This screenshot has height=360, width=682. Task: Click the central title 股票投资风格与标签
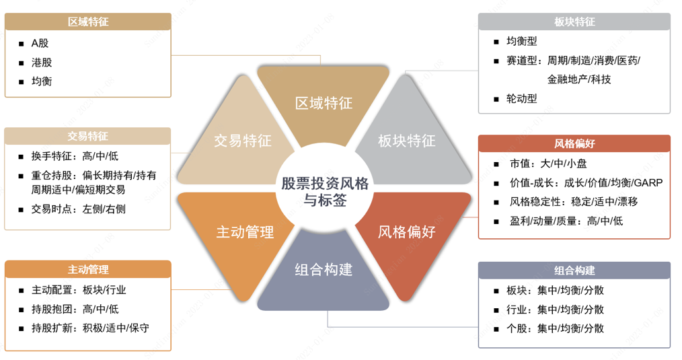(325, 191)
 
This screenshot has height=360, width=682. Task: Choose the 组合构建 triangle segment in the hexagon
(324, 271)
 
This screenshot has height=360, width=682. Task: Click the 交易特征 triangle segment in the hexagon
(242, 141)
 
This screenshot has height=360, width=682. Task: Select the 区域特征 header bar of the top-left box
(88, 22)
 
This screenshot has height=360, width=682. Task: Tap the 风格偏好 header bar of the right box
(574, 143)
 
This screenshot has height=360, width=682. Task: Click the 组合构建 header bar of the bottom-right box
(574, 271)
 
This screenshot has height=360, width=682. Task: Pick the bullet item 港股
(41, 63)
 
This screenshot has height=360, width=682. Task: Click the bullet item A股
(40, 43)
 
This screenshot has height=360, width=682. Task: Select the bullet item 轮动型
(521, 98)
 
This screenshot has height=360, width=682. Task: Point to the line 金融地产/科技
(579, 79)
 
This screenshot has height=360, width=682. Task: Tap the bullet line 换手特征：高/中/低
(75, 156)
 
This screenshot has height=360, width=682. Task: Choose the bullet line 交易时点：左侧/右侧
(78, 209)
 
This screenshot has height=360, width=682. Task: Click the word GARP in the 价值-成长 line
(648, 182)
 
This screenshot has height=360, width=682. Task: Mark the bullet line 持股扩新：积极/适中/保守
(90, 328)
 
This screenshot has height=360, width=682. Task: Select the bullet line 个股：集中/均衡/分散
(555, 328)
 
